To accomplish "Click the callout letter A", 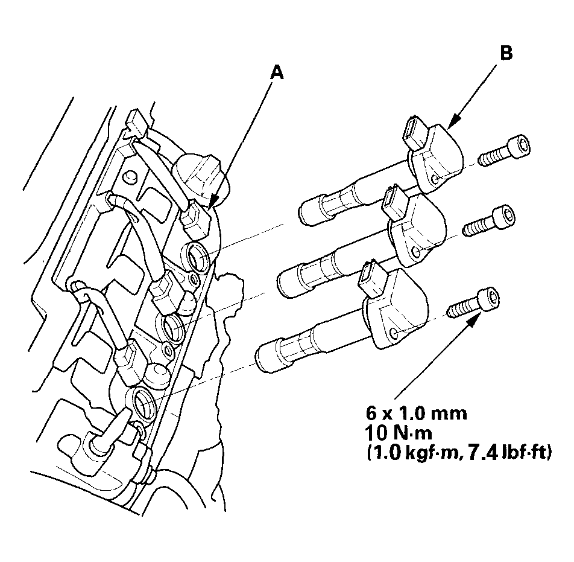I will [x=276, y=72].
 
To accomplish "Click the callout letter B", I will [x=506, y=53].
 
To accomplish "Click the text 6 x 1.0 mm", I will [x=417, y=414].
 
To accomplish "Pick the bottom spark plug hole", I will [x=143, y=401].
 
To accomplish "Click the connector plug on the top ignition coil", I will [x=414, y=131].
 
